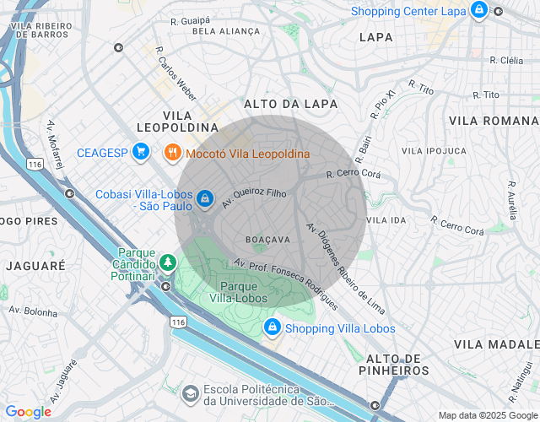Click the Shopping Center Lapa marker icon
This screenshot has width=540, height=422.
click(x=479, y=10)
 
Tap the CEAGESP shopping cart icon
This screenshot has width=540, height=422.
click(x=141, y=152)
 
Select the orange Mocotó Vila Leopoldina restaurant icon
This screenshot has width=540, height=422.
click(x=173, y=153)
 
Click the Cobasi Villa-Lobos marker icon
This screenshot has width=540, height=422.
click(x=204, y=198)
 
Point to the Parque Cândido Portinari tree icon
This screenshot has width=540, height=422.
click(x=168, y=263)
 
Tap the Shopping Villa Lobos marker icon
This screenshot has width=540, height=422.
click(x=272, y=327)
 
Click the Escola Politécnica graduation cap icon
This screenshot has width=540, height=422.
click(x=192, y=393)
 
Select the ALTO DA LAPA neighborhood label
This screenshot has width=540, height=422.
click(x=290, y=104)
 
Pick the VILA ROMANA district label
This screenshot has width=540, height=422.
click(x=494, y=122)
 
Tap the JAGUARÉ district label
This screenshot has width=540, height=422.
click(x=35, y=265)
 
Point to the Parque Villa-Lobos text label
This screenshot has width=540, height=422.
click(x=238, y=292)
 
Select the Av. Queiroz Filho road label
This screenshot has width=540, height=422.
click(x=254, y=197)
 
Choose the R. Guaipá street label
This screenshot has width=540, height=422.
click(x=189, y=20)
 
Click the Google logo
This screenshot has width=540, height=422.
click(x=29, y=412)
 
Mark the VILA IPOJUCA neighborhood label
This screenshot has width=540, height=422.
click(x=434, y=150)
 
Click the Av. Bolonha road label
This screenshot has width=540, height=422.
click(x=33, y=311)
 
